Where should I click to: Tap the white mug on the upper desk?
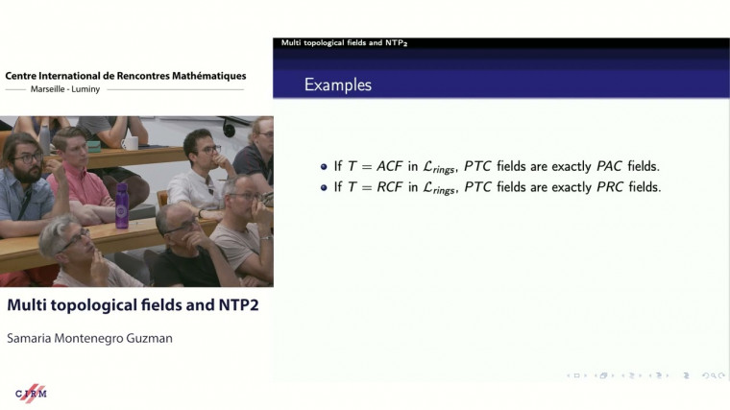tap(130, 143)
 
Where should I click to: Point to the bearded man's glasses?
tap(26, 157)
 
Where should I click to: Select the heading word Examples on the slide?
tap(338, 84)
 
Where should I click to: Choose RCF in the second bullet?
tap(388, 186)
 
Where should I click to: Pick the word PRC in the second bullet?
tap(610, 186)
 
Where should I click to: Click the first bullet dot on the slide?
tap(324, 165)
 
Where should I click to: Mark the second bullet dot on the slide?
tap(324, 186)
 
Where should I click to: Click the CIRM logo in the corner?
tap(32, 393)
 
